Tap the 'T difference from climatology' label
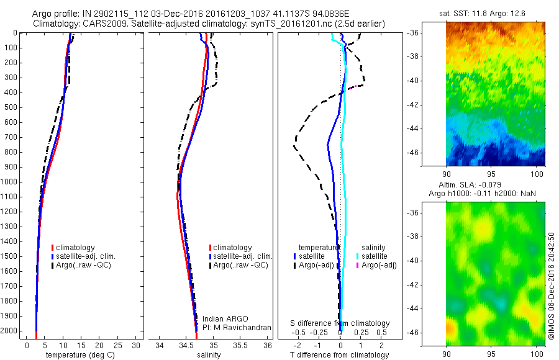[x=340, y=355]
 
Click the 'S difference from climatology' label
[x=340, y=323]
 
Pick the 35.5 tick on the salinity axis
[x=240, y=345]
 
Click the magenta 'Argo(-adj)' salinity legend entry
[x=379, y=266]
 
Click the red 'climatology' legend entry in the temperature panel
[x=76, y=248]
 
